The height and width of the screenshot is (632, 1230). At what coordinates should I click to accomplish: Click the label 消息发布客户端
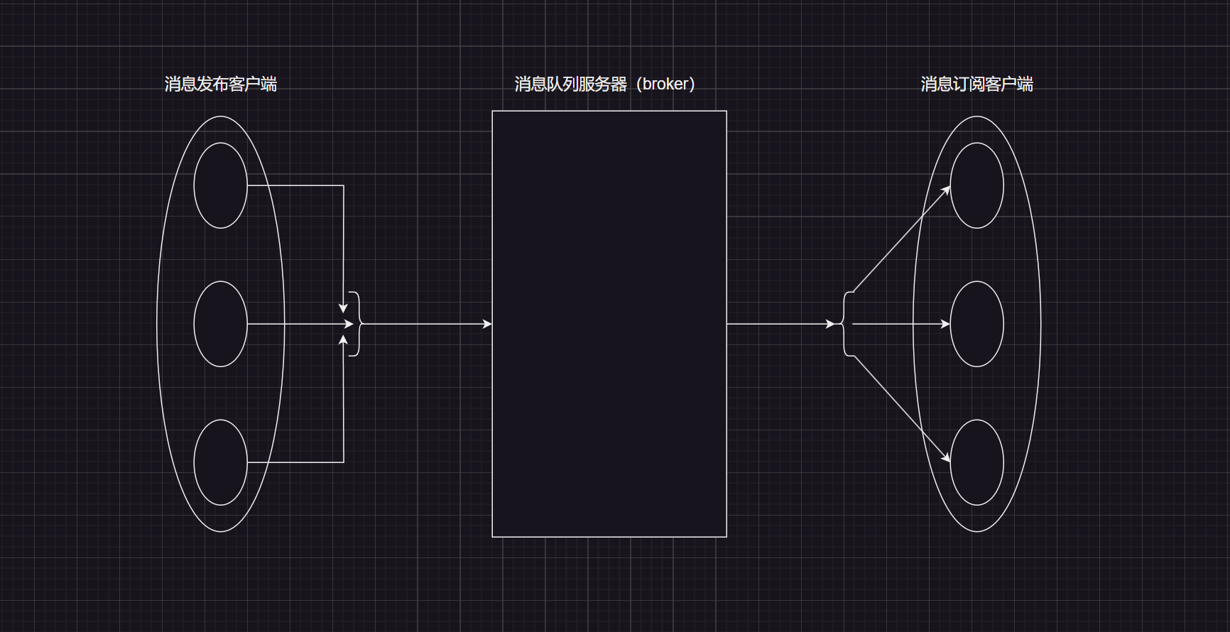220,85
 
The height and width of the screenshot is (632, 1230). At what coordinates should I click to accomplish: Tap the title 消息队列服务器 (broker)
604,85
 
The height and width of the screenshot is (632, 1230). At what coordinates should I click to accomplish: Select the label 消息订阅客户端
976,85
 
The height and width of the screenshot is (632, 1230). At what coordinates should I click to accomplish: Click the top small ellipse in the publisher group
220,185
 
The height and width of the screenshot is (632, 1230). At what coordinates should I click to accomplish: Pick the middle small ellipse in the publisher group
220,324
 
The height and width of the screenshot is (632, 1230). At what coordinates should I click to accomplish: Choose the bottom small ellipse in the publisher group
220,462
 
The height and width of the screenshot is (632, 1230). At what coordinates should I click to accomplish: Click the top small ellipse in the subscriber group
976,185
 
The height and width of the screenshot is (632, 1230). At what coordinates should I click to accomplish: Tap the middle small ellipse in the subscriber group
976,324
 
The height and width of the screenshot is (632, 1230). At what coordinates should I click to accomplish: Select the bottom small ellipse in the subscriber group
976,462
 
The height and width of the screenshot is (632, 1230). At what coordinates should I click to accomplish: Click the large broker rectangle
609,324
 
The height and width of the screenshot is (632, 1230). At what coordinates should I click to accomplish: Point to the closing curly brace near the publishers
356,324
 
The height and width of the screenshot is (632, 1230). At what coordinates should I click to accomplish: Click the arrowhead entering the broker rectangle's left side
487,324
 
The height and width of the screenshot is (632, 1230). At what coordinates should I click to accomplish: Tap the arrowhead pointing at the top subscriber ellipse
946,190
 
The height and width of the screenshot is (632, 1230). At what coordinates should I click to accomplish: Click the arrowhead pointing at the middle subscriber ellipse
945,324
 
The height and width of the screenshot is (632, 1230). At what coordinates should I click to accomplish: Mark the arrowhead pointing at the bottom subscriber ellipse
946,458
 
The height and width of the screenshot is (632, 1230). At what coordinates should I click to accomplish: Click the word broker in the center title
665,85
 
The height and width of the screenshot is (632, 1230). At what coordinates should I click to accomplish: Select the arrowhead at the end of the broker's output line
830,324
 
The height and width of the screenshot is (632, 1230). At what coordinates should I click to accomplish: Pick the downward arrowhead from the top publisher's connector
343,308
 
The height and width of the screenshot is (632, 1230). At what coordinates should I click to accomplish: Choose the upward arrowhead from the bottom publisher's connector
343,340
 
